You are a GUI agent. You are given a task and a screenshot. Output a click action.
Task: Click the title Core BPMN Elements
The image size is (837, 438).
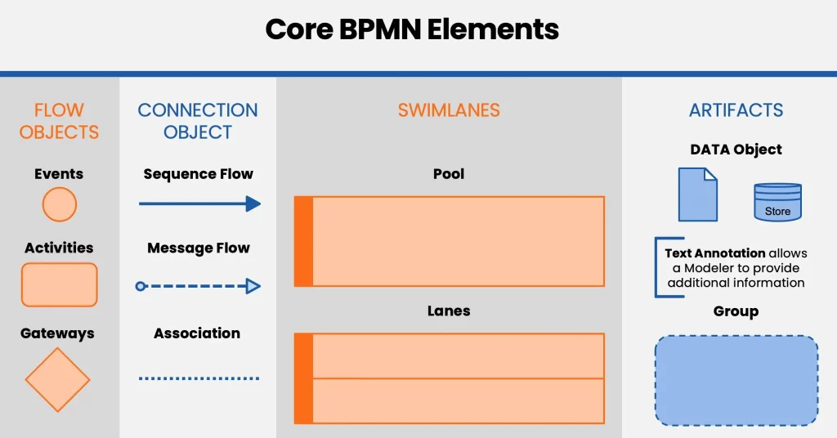[412, 29]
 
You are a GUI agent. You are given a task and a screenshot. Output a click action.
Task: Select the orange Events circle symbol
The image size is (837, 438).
[59, 204]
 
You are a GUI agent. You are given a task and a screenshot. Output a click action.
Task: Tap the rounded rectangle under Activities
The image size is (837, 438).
[59, 284]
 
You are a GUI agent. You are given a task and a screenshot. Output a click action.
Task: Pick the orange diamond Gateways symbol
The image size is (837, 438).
[57, 380]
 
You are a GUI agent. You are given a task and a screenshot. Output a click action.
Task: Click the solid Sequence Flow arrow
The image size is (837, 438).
[199, 203]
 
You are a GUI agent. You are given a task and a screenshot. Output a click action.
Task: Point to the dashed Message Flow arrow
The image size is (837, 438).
[198, 286]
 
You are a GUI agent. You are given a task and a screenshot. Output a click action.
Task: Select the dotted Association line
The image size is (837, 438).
[199, 378]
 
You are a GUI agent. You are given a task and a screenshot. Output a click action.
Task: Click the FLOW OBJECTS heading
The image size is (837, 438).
[59, 121]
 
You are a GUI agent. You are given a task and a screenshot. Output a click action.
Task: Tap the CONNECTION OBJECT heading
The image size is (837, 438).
[197, 121]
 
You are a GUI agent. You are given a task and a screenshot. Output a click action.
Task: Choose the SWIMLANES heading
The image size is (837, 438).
[449, 110]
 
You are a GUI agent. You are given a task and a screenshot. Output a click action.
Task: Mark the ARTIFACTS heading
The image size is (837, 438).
[736, 110]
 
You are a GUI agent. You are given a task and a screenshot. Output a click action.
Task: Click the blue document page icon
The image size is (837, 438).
[697, 194]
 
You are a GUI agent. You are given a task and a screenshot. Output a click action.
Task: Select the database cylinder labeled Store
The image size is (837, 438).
[777, 202]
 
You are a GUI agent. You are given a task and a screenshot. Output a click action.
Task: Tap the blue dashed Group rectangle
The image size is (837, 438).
[736, 380]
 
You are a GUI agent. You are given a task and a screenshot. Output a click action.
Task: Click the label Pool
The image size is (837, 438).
[449, 174]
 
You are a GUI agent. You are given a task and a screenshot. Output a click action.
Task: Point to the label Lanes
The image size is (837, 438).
[449, 311]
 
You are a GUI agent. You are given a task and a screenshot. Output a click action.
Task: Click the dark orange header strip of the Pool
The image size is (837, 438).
[303, 241]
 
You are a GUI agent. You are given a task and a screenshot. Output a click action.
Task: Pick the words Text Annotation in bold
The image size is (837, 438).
[715, 253]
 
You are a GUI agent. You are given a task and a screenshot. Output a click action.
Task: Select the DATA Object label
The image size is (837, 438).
[736, 150]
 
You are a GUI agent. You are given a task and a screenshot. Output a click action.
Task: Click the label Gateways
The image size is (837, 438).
[57, 333]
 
